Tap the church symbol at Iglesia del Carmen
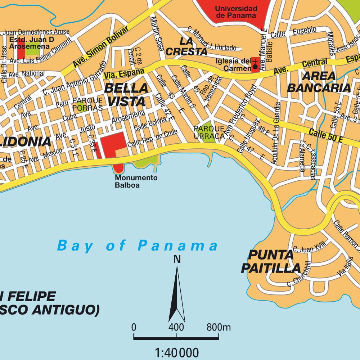(x=255, y=64)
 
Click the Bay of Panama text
(x=138, y=246)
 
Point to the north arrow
(x=177, y=292)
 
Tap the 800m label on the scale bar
(x=219, y=327)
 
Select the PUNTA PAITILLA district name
(x=271, y=262)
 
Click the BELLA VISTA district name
(x=126, y=94)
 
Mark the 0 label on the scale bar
(x=134, y=327)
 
